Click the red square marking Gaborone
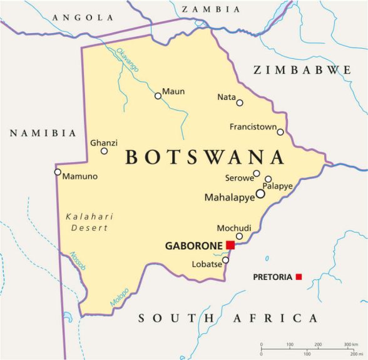click(x=230, y=245)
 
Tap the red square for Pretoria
click(x=299, y=276)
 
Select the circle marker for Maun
click(x=158, y=96)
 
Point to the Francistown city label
click(x=252, y=127)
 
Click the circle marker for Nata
click(x=240, y=102)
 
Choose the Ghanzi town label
click(x=104, y=142)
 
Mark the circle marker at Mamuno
click(x=58, y=172)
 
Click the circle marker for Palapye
click(x=268, y=179)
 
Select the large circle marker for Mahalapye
click(x=260, y=194)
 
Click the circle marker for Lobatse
click(x=225, y=260)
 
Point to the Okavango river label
click(x=127, y=59)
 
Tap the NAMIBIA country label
click(x=43, y=133)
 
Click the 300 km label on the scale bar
click(x=350, y=344)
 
